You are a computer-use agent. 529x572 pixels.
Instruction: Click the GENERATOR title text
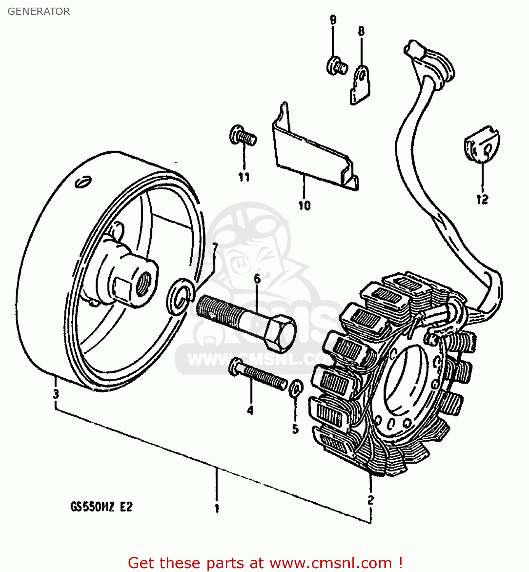click(x=39, y=11)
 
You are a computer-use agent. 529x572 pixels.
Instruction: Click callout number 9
click(x=333, y=20)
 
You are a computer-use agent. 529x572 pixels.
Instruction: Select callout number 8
click(x=361, y=31)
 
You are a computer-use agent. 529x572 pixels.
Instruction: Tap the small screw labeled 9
click(x=336, y=66)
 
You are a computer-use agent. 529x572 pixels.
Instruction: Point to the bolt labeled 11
click(x=242, y=135)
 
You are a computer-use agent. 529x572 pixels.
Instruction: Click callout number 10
click(x=304, y=206)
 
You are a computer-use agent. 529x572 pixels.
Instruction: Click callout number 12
click(x=482, y=199)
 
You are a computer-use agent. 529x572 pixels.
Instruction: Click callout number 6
click(x=257, y=279)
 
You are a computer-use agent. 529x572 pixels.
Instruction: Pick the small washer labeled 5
click(x=296, y=388)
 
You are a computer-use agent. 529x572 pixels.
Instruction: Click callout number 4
click(x=250, y=410)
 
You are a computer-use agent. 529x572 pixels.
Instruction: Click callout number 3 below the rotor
click(x=56, y=394)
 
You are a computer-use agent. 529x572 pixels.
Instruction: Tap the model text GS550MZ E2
click(x=101, y=507)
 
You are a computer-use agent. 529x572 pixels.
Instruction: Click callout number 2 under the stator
click(x=370, y=500)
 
